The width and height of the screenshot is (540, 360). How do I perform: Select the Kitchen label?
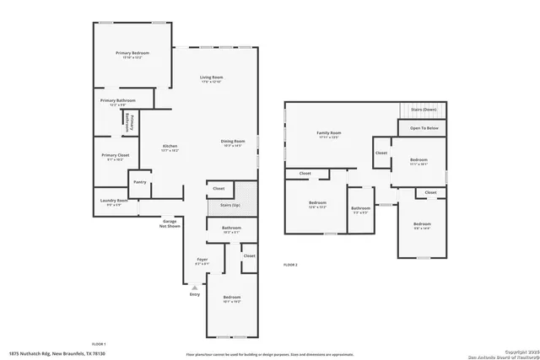(x=170, y=146)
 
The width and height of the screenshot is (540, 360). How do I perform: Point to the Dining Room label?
(x=233, y=141)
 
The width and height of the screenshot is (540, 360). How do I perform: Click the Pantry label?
(x=139, y=181)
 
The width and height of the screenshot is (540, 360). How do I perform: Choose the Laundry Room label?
(x=114, y=201)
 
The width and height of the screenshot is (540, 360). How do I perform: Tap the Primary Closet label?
(x=116, y=155)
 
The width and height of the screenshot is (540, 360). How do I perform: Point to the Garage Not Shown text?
(x=170, y=223)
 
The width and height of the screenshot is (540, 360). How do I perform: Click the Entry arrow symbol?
(x=195, y=288)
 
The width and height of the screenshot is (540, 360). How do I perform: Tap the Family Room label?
(x=328, y=133)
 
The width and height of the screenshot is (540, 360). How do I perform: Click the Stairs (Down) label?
(x=423, y=110)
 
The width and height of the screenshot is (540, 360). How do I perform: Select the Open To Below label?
(x=424, y=128)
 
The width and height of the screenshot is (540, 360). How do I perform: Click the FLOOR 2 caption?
(x=290, y=264)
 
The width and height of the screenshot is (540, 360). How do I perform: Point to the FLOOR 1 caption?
(x=99, y=343)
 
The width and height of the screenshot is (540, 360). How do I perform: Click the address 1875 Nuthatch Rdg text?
(x=46, y=354)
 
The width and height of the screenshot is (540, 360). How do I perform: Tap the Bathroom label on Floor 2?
(x=361, y=208)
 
